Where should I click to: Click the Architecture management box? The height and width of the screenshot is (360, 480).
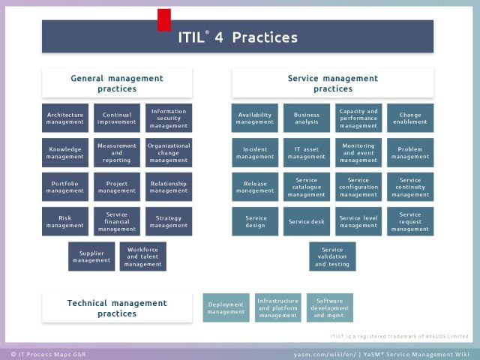click(x=65, y=118)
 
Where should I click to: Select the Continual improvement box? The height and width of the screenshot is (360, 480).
click(x=117, y=118)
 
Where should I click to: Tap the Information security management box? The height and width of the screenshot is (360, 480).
click(x=169, y=118)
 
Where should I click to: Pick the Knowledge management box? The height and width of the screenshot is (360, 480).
click(x=65, y=153)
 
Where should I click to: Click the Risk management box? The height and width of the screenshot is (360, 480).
click(x=65, y=222)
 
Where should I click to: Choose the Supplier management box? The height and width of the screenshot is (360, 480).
click(x=91, y=256)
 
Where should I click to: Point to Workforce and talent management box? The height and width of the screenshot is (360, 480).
click(x=142, y=256)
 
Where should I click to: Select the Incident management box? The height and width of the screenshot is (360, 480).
click(x=255, y=153)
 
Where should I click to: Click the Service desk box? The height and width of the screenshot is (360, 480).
click(x=307, y=222)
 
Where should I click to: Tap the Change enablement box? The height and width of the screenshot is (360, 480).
click(x=410, y=118)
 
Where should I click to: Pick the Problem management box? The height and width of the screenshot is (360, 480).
click(x=410, y=153)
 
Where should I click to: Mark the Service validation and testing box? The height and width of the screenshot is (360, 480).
click(x=332, y=256)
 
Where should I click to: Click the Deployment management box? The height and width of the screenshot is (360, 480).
click(x=226, y=308)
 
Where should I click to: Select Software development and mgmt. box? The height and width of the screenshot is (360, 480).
click(x=329, y=308)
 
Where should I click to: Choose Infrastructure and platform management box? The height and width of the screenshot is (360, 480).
click(x=278, y=308)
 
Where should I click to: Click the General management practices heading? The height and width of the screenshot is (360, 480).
click(x=117, y=83)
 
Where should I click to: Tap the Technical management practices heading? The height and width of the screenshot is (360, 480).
click(x=117, y=308)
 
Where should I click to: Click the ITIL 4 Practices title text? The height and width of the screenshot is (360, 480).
click(x=238, y=37)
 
